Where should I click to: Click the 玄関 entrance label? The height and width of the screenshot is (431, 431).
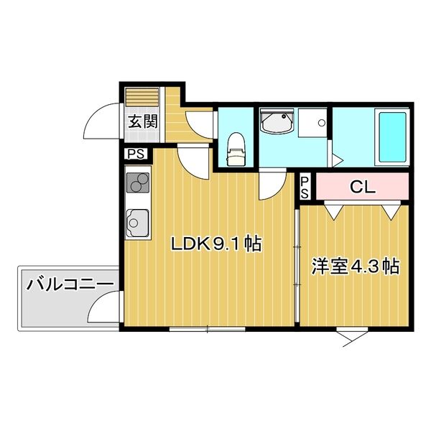(x=142, y=121)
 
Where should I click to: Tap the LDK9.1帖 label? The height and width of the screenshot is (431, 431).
(x=215, y=245)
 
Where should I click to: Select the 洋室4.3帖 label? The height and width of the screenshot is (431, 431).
(x=355, y=267)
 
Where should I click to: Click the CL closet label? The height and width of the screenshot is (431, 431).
(x=362, y=187)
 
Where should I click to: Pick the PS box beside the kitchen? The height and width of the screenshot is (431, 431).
(x=134, y=153)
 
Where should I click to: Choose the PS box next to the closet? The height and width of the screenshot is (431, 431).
(x=305, y=188)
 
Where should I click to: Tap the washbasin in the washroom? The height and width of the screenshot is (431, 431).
(x=277, y=123)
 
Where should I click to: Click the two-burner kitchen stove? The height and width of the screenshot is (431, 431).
(x=138, y=182)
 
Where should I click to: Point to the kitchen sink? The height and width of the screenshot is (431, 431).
(x=137, y=223)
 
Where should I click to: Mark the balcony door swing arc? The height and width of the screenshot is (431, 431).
(x=103, y=311)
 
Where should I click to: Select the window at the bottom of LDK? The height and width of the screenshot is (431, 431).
(x=206, y=329)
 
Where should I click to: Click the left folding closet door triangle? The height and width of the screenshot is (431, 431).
(x=331, y=211)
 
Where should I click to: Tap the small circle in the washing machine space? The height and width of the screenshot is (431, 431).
(x=322, y=123)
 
